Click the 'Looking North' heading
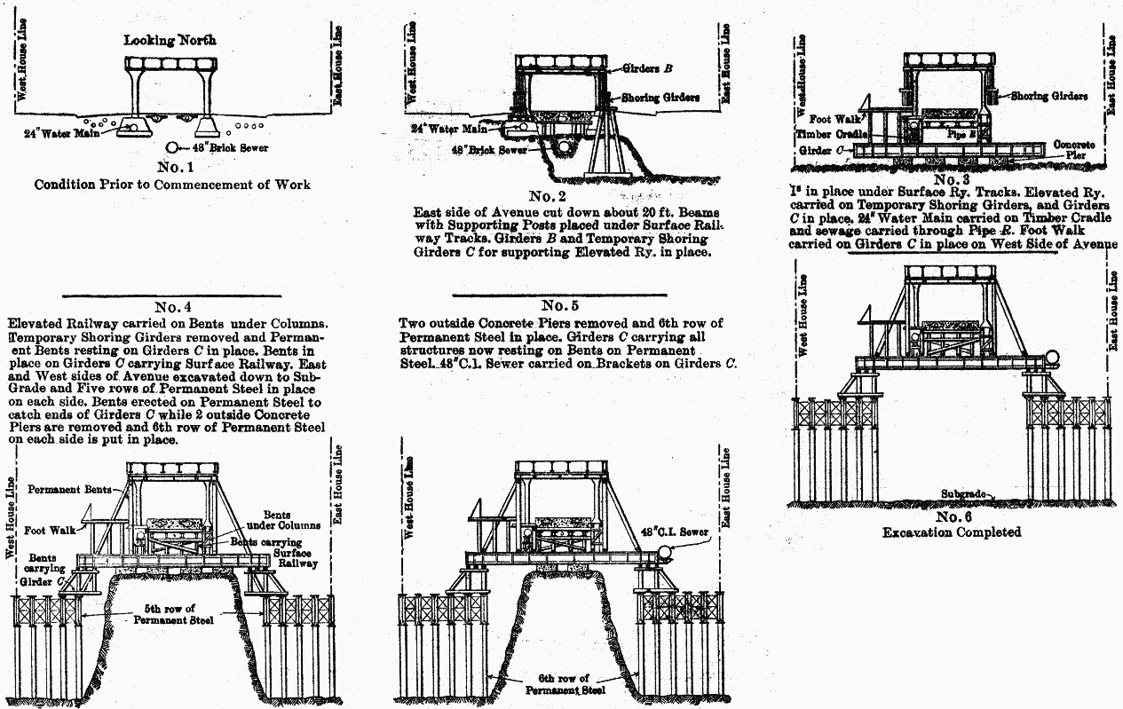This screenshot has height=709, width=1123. tap(170, 40)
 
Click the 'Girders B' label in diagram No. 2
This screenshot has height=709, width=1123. tap(646, 68)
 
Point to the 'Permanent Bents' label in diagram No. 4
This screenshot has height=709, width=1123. tap(69, 489)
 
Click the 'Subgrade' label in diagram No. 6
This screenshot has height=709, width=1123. tap(965, 493)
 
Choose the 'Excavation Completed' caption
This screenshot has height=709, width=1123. tap(951, 532)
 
